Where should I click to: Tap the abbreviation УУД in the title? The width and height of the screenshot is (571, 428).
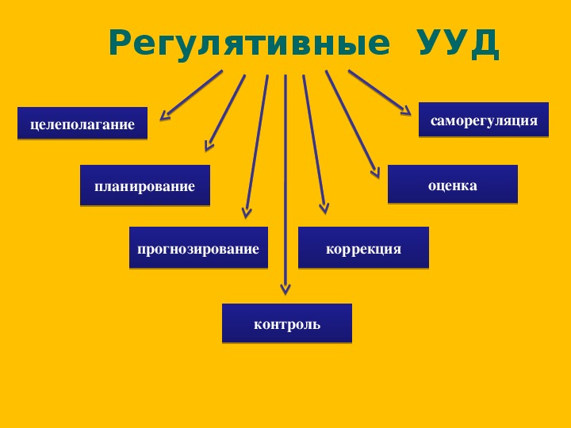(458, 44)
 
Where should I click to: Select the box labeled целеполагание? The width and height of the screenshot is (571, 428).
(82, 123)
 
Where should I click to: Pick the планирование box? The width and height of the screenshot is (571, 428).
(145, 185)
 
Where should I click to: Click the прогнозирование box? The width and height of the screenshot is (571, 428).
(198, 247)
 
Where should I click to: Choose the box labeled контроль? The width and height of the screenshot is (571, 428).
(287, 323)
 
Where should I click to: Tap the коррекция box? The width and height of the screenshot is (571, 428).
(363, 247)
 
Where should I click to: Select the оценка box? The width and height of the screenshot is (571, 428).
(453, 184)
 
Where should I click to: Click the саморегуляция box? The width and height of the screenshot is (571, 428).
(484, 120)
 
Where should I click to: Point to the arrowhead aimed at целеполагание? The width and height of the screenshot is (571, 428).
(165, 116)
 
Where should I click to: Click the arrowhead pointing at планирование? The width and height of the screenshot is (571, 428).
(209, 146)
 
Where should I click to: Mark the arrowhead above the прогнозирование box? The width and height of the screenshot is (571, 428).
(247, 213)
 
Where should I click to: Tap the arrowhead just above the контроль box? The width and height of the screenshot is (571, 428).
(285, 289)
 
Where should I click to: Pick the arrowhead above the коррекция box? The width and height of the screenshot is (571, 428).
(324, 209)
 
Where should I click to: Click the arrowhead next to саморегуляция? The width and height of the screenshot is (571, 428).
(406, 110)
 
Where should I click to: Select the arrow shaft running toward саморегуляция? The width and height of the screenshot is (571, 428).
(379, 92)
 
